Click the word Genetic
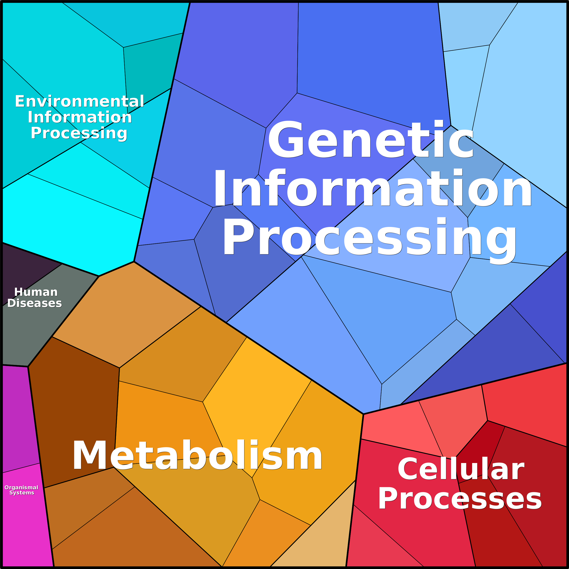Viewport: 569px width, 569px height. (371, 139)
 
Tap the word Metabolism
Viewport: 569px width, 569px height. (198, 455)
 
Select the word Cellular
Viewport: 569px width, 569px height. (461, 469)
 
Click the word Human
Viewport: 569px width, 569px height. (36, 292)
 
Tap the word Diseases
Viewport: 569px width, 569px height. (34, 303)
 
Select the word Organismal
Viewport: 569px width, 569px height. (22, 487)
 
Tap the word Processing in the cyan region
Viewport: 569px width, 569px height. (79, 133)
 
